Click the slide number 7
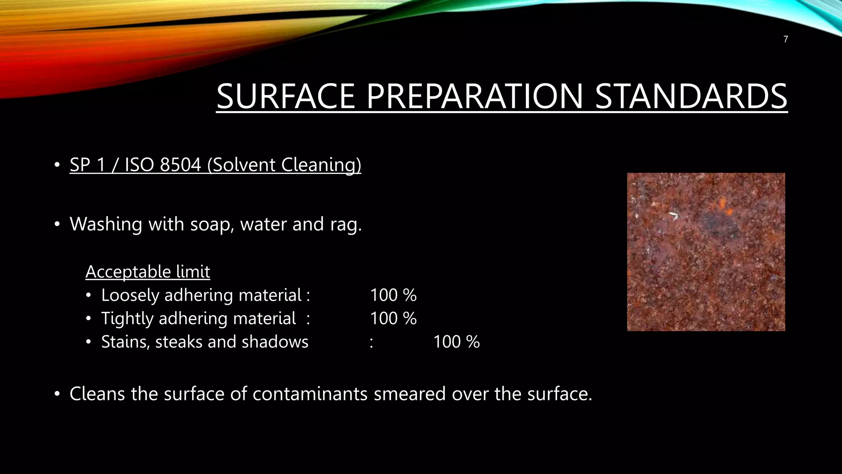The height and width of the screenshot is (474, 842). tap(786, 39)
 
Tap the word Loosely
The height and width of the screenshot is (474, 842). tap(130, 295)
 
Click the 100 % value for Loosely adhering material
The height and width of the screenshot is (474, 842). tap(393, 295)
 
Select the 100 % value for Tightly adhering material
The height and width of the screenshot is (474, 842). tap(393, 318)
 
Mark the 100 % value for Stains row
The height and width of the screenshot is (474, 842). tap(456, 342)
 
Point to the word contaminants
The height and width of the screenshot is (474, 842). tap(310, 394)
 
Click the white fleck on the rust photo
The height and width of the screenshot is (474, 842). tap(673, 215)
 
